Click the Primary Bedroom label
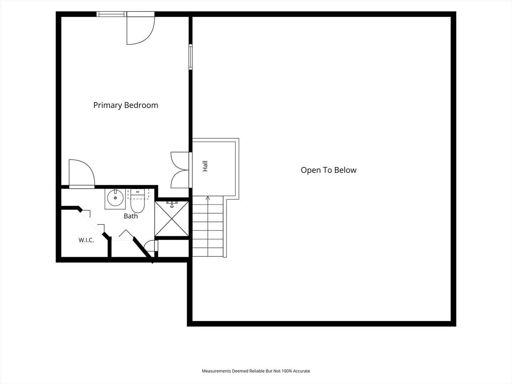coord(126,105)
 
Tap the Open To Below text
coord(329,170)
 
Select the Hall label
coord(205,166)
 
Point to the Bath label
coord(130,216)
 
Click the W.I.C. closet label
coord(86,240)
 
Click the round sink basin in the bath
coord(115,198)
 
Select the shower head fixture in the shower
coord(172,204)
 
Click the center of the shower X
coord(172,219)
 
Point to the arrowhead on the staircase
coord(208,198)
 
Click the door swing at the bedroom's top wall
coord(141,30)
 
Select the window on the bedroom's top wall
coord(111,14)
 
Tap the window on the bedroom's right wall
coord(191,57)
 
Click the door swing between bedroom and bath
coord(82,174)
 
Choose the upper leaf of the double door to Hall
coord(180,161)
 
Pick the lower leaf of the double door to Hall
coord(180,179)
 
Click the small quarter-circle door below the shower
coord(151,245)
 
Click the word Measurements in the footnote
coord(216,371)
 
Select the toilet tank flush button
coord(137,192)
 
